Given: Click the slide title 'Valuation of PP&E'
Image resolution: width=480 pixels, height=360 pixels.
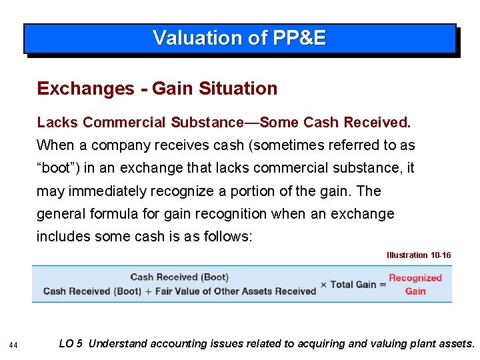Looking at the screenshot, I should [239, 38].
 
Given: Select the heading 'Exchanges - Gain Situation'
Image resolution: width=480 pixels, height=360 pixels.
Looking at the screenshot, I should [157, 88].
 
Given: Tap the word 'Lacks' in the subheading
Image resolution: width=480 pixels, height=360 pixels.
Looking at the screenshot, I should [58, 123].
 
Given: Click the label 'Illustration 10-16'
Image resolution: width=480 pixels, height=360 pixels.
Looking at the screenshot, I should [419, 255].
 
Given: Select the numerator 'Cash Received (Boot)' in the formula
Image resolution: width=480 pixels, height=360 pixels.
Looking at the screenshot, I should [179, 277].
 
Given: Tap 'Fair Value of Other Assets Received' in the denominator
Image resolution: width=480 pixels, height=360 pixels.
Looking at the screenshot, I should [235, 291].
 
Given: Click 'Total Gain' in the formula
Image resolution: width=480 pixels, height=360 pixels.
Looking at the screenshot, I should [353, 285].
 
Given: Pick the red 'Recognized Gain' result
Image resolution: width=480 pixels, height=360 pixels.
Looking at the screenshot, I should [415, 285].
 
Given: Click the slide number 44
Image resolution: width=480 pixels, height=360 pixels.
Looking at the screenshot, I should [13, 345].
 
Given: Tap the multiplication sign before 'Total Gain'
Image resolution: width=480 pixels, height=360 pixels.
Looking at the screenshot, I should [323, 285].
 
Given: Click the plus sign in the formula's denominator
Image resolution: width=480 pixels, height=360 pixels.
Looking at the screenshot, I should [148, 291].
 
